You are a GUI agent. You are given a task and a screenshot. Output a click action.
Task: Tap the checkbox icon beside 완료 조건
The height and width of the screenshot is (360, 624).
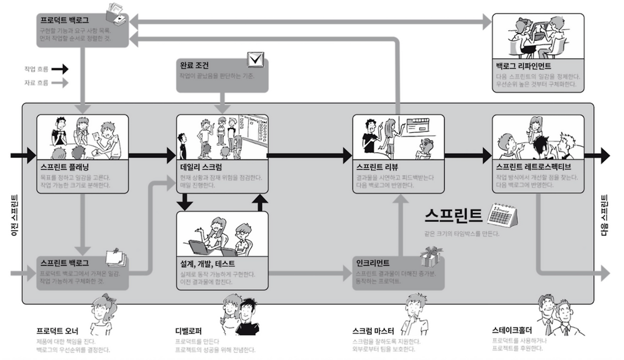pyautogui.click(x=255, y=60)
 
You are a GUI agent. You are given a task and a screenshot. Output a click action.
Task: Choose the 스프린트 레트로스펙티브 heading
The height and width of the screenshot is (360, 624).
pyautogui.click(x=533, y=166)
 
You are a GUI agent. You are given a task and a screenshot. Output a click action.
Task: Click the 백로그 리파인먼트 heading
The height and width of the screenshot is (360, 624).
pyautogui.click(x=523, y=66)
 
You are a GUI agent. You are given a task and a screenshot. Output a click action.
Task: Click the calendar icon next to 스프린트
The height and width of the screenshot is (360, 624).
pyautogui.click(x=502, y=215)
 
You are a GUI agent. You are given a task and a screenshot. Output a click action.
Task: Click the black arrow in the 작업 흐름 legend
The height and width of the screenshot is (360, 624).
pyautogui.click(x=60, y=69)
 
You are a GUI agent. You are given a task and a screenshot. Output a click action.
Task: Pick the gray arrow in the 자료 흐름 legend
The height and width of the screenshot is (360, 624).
pyautogui.click(x=60, y=83)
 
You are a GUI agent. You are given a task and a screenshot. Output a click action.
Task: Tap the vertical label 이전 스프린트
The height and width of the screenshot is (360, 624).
pyautogui.click(x=14, y=216)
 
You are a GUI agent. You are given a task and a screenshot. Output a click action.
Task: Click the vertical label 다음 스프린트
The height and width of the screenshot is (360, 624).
pyautogui.click(x=604, y=216)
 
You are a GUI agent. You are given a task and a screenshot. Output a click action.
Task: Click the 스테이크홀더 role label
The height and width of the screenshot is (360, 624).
pyautogui.click(x=512, y=330)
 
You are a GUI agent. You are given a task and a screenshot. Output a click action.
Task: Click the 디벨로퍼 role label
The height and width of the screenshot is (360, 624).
pyautogui.click(x=189, y=330)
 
